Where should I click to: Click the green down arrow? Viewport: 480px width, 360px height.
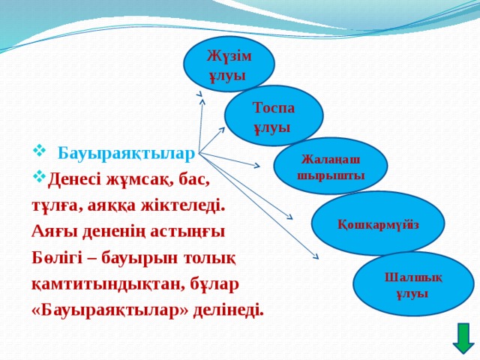(x=463, y=339)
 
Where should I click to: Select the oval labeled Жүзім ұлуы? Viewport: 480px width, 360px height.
(x=229, y=64)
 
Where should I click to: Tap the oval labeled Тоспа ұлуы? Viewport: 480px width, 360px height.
(x=274, y=116)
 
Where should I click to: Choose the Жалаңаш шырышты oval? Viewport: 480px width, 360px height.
(x=331, y=166)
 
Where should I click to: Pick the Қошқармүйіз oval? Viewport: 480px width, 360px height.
(x=378, y=223)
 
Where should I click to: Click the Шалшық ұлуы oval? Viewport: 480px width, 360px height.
(x=413, y=284)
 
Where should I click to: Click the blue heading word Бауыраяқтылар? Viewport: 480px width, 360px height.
(x=126, y=154)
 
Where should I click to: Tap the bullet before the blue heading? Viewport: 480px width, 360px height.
(x=39, y=151)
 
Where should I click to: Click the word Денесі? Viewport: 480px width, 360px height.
(x=75, y=180)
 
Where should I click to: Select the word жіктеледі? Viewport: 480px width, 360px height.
(x=183, y=205)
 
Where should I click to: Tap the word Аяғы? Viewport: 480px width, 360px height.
(x=54, y=232)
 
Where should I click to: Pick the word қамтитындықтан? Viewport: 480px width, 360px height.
(x=103, y=285)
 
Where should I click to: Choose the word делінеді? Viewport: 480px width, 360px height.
(x=228, y=311)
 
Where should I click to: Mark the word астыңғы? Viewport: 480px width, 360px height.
(x=187, y=232)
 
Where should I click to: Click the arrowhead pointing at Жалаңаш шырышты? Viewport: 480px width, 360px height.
(x=256, y=166)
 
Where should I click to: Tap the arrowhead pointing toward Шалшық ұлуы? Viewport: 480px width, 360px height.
(x=315, y=256)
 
